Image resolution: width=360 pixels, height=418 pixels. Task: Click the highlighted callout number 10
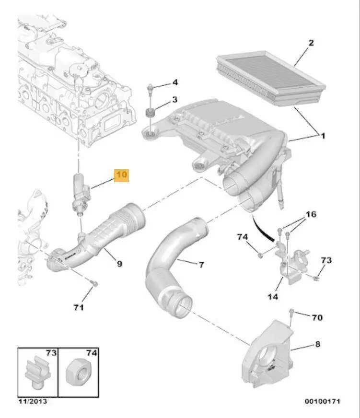pyautogui.click(x=121, y=175)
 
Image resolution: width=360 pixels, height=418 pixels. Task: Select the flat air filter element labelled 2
pyautogui.click(x=271, y=79)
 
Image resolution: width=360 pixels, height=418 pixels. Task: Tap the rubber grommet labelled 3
pyautogui.click(x=150, y=113)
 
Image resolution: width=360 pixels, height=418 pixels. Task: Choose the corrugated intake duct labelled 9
pyautogui.click(x=96, y=237)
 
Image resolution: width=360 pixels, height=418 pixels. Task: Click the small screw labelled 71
pyautogui.click(x=94, y=283)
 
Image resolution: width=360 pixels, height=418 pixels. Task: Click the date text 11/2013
pyautogui.click(x=33, y=401)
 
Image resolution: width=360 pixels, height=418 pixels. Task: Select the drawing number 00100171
pyautogui.click(x=323, y=401)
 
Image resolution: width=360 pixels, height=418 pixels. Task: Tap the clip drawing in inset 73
pyautogui.click(x=37, y=372)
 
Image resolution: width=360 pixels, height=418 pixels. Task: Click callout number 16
pyautogui.click(x=311, y=214)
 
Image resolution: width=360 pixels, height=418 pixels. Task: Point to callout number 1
pyautogui.click(x=323, y=136)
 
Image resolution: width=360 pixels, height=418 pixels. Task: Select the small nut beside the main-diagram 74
pyautogui.click(x=261, y=256)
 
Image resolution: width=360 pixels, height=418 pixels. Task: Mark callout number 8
pyautogui.click(x=318, y=344)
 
